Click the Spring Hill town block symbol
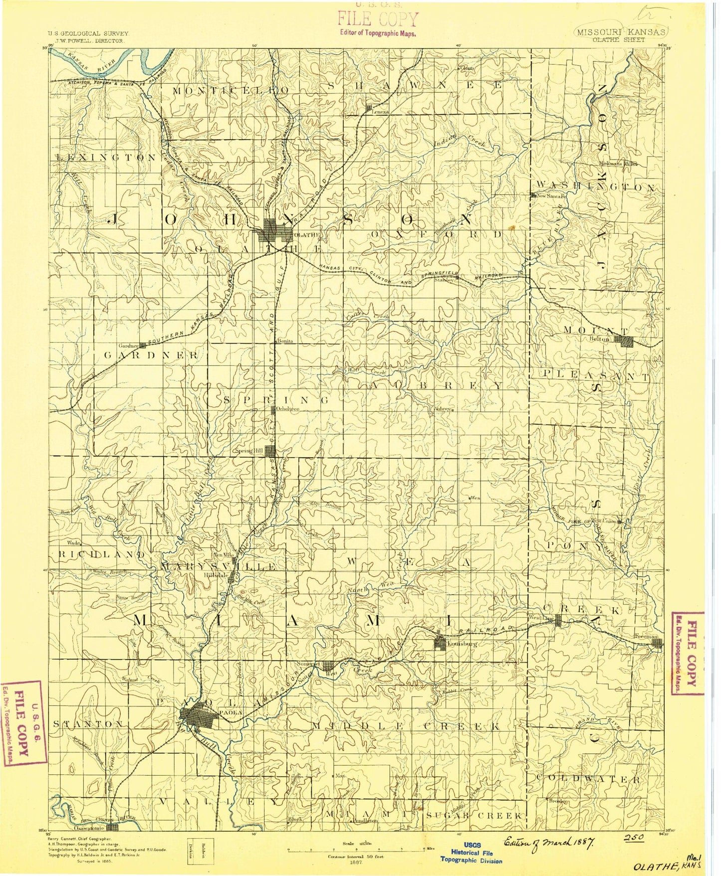pyautogui.click(x=270, y=451)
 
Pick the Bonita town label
pyautogui.click(x=284, y=341)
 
